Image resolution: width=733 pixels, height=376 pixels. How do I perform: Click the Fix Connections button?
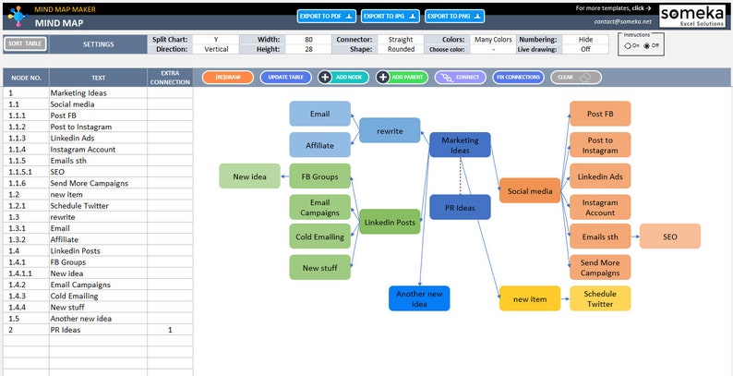[x=518, y=78]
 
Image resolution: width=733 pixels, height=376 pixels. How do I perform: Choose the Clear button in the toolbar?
[x=576, y=78]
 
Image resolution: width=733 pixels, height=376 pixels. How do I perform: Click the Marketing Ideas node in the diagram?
[x=460, y=144]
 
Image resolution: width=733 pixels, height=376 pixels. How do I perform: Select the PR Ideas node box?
[x=460, y=208]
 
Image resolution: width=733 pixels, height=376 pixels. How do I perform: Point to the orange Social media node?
[x=530, y=191]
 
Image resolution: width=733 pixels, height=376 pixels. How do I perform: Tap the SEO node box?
[x=670, y=237]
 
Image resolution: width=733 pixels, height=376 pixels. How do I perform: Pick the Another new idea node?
[x=419, y=298]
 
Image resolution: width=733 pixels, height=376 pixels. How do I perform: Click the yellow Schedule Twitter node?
[x=600, y=298]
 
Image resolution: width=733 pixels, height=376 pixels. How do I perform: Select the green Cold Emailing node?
[x=320, y=237]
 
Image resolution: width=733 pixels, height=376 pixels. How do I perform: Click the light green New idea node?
[x=249, y=176]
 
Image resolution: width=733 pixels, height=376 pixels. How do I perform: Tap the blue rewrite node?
[x=390, y=130]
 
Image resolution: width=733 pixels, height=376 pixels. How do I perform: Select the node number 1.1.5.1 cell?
[x=26, y=172]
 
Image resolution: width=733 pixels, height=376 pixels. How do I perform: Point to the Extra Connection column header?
[x=170, y=78]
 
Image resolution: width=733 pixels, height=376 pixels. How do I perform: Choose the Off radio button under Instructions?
[x=647, y=45]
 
